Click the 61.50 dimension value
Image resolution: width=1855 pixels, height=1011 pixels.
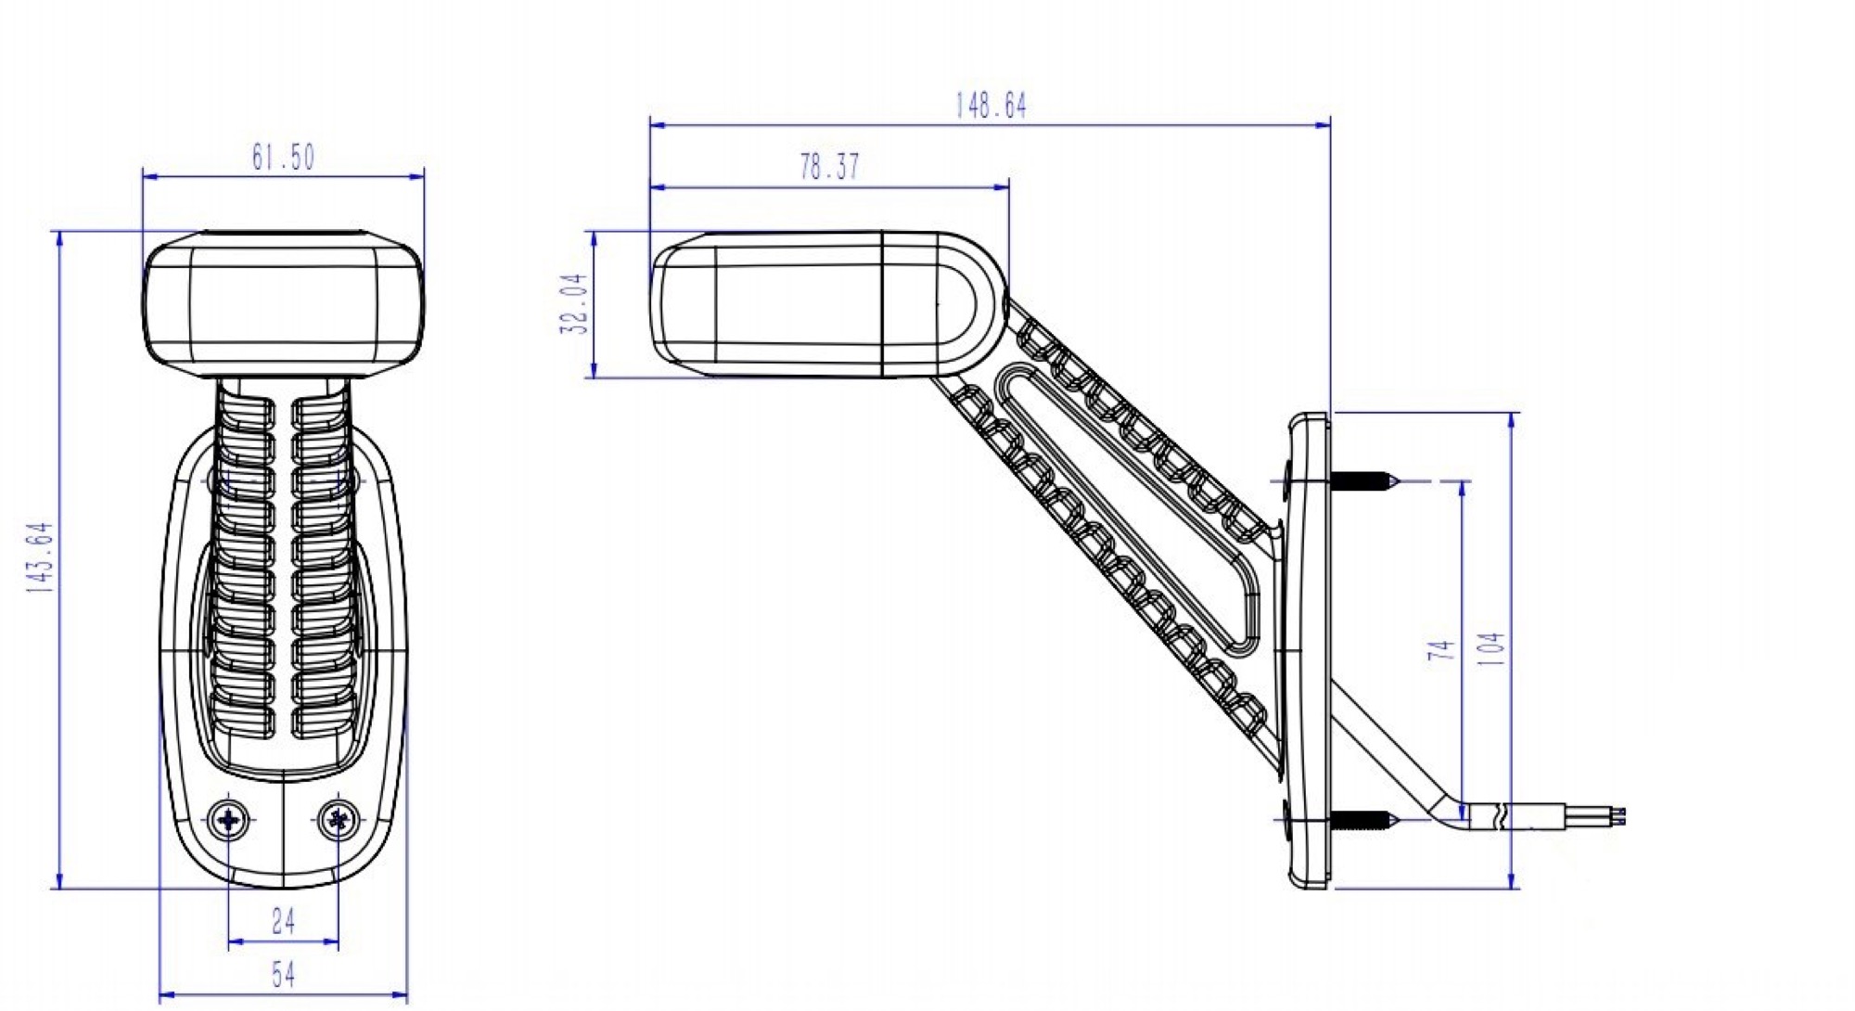coord(283,158)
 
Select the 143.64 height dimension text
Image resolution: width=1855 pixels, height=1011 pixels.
coord(41,557)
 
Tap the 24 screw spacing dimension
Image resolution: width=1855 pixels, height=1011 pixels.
coord(283,921)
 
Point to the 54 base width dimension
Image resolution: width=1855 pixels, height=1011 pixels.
coord(283,974)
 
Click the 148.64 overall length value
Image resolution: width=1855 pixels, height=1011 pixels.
coord(991,106)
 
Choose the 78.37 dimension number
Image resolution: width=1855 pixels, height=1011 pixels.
coord(829,167)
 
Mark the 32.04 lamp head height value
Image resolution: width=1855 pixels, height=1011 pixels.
coord(575,303)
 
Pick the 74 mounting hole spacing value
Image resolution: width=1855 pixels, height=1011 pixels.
coord(1439,649)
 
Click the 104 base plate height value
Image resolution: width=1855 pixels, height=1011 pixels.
coord(1490,649)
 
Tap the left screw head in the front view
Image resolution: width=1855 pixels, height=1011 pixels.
coord(228,820)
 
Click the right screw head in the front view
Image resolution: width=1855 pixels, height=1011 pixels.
coord(339,820)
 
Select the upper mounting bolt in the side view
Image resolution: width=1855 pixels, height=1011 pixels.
coord(1362,480)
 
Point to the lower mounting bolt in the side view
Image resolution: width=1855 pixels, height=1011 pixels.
coord(1362,819)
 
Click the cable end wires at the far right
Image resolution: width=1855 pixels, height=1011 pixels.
coord(1618,816)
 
